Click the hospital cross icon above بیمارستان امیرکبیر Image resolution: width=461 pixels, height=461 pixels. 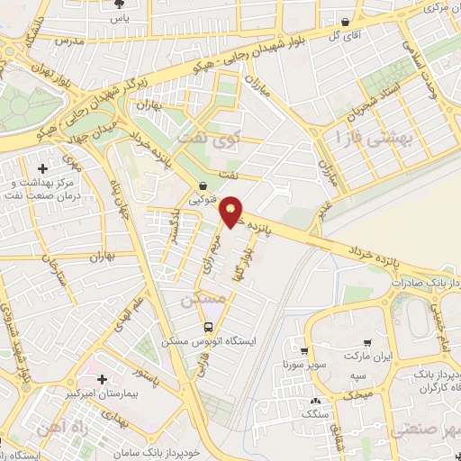pyautogui.click(x=102, y=379)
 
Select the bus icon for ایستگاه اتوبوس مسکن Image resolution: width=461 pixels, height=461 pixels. pyautogui.click(x=209, y=327)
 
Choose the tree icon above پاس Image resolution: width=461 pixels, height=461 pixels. pyautogui.click(x=118, y=4)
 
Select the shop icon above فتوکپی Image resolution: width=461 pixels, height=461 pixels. pyautogui.click(x=203, y=187)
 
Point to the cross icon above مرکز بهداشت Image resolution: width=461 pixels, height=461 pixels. pyautogui.click(x=43, y=167)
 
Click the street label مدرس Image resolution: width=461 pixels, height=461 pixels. pyautogui.click(x=70, y=42)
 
